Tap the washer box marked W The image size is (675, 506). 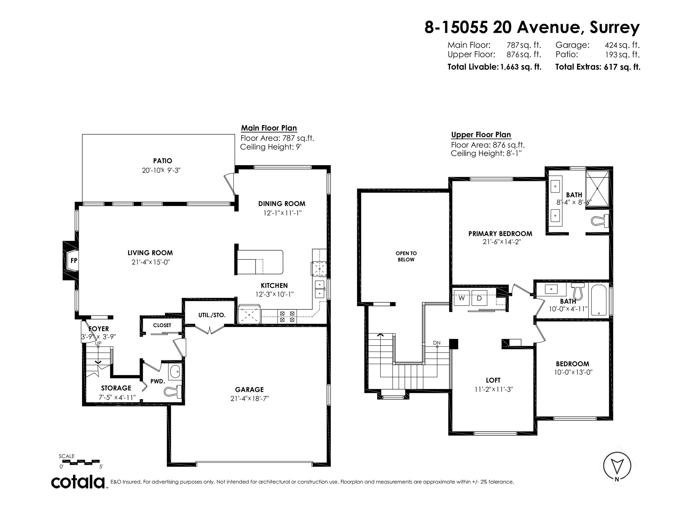click(461, 298)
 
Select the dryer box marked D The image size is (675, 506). click(479, 298)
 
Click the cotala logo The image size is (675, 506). click(78, 482)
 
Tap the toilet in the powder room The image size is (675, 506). click(173, 392)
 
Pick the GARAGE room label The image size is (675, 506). click(249, 390)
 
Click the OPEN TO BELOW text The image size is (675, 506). click(406, 256)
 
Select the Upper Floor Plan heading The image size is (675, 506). click(481, 135)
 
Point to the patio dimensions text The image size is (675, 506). click(161, 170)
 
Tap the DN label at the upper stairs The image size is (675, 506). click(437, 343)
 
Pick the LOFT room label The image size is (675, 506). click(493, 380)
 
